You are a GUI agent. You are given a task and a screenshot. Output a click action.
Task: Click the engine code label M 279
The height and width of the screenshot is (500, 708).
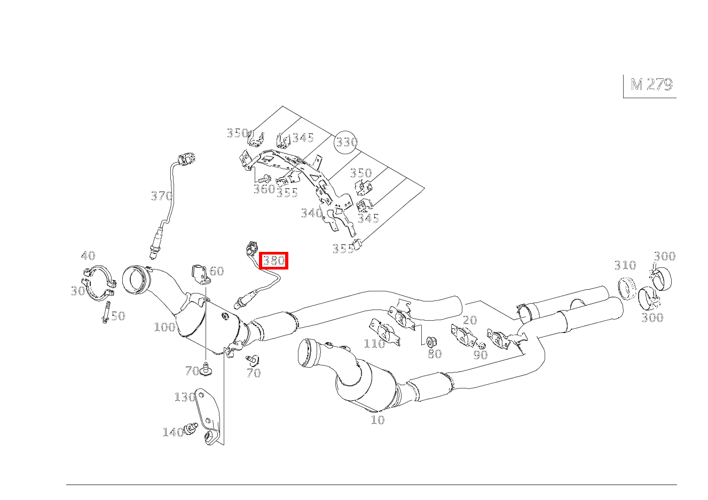(x=651, y=85)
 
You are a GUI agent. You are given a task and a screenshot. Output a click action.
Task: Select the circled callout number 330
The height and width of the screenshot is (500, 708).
(x=345, y=142)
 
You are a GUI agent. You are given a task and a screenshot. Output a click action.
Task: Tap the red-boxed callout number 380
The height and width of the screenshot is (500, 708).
(x=274, y=261)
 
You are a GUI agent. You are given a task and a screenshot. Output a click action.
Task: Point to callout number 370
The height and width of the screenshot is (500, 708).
(x=161, y=196)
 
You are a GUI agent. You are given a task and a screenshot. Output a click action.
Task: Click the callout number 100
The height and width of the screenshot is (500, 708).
(x=164, y=327)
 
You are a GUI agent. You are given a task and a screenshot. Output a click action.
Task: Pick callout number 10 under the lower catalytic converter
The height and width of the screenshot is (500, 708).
(x=377, y=420)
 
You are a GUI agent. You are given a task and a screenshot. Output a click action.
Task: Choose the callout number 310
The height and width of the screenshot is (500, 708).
(x=625, y=265)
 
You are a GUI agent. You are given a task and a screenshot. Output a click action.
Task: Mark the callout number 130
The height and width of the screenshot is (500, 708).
(x=184, y=397)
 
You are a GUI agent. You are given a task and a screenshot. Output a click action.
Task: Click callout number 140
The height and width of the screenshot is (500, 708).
(x=173, y=432)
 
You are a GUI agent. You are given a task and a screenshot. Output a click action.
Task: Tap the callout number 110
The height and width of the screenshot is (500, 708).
(x=374, y=344)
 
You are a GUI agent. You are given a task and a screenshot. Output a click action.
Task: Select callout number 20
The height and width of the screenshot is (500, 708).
(x=470, y=320)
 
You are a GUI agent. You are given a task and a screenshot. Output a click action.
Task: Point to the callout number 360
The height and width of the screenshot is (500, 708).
(x=264, y=189)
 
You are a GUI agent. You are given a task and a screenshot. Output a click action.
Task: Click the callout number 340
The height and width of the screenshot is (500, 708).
(x=311, y=213)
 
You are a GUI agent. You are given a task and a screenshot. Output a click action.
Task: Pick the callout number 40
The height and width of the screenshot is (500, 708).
(x=88, y=256)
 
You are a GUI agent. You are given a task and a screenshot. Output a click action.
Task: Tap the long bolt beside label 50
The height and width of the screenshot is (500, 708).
(x=106, y=312)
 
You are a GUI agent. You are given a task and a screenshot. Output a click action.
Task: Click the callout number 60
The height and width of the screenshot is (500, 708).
(x=216, y=271)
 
